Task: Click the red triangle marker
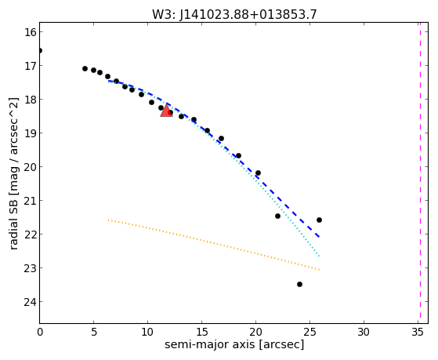point(166,111)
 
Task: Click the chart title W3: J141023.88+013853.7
point(234,14)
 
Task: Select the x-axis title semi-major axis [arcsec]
point(234,344)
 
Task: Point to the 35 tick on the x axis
point(418,332)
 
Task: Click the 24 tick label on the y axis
point(30,301)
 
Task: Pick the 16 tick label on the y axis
point(30,32)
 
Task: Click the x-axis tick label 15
point(201,332)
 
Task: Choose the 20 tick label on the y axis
point(30,167)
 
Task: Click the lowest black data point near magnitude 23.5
point(300,284)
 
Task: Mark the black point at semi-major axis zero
point(40,51)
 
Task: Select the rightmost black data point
point(319,220)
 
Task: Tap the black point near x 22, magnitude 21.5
point(277,216)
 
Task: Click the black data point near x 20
point(258,173)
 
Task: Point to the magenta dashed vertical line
point(420,173)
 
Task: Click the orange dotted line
point(213,244)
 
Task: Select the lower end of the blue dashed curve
point(319,237)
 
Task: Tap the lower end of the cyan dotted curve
point(319,256)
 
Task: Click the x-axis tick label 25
point(309,332)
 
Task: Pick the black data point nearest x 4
point(85,68)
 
